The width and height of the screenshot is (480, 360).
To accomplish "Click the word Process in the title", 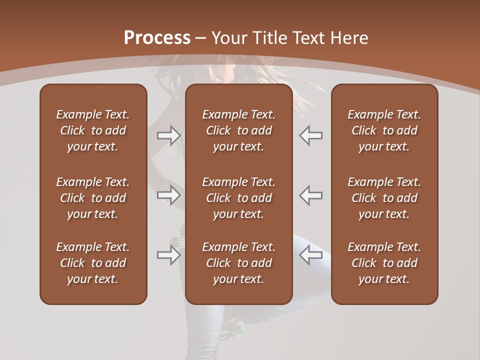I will click(157, 37).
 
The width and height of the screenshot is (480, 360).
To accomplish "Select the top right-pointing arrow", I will click(169, 135).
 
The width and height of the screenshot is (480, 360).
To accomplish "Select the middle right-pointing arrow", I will click(169, 195).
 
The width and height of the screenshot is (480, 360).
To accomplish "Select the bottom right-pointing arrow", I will click(169, 255).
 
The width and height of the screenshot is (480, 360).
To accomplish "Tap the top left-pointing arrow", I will click(310, 135).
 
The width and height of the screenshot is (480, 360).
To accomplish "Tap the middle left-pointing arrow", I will click(310, 195).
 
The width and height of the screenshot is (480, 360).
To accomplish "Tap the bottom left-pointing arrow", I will click(310, 255).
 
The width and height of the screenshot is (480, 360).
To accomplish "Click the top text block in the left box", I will click(93, 130).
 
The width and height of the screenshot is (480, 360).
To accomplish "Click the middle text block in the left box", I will click(93, 198).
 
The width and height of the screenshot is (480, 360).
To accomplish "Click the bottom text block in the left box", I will click(93, 263).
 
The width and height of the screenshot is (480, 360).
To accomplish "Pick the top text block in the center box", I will click(238, 130).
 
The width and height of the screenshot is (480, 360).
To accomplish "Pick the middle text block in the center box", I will click(238, 198).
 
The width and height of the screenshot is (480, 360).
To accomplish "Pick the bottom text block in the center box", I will click(238, 263).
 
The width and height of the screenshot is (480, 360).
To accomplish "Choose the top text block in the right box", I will click(384, 130).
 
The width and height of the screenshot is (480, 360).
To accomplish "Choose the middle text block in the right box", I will click(384, 198).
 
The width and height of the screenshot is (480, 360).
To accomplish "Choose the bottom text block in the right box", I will click(384, 263).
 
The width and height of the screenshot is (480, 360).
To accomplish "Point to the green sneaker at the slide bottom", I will click(239, 330).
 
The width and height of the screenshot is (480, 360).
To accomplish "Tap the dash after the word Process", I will click(201, 38).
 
